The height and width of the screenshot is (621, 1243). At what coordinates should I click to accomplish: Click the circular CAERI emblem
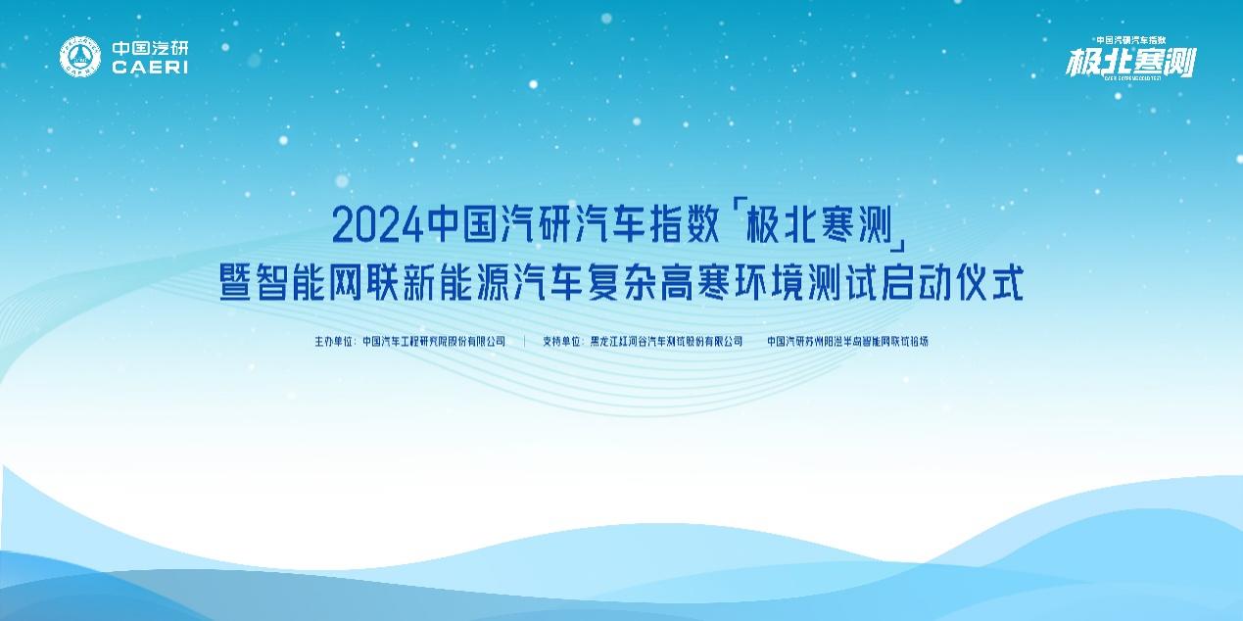80,56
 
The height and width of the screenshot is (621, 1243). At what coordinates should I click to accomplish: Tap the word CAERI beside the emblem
150,68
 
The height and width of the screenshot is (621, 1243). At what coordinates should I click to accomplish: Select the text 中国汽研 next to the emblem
150,47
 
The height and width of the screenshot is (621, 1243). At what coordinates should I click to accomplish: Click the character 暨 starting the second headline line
237,284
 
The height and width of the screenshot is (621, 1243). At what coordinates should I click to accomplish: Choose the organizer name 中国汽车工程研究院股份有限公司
434,342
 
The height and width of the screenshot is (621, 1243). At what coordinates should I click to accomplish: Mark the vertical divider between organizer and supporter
525,342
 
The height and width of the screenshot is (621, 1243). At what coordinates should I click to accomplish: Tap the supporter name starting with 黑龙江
665,342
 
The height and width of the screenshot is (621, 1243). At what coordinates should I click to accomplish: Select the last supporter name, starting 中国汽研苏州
847,342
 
